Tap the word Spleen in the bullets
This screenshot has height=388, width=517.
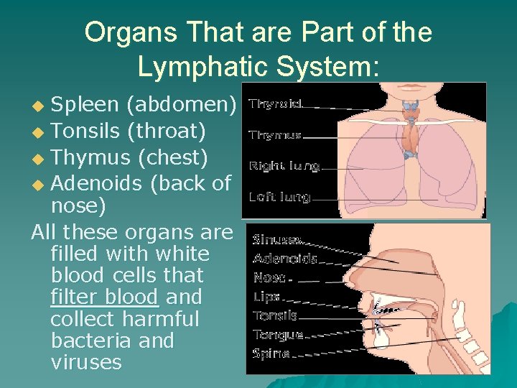[x=85, y=105]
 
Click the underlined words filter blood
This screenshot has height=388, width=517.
[x=105, y=297]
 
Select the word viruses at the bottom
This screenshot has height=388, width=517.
[x=86, y=361]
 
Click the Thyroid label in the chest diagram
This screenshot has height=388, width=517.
[x=275, y=104]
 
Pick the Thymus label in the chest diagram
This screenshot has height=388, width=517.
[x=275, y=134]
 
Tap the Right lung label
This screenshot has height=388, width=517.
[x=284, y=166]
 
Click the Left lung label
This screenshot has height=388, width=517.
[x=279, y=196]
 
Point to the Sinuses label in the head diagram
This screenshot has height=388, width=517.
[x=277, y=240]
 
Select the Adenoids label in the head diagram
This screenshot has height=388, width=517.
[x=285, y=259]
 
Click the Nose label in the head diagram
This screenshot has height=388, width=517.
[x=269, y=277]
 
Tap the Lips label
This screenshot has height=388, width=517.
[x=266, y=296]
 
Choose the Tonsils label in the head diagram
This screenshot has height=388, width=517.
[x=274, y=315]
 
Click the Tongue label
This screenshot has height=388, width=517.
[x=278, y=334]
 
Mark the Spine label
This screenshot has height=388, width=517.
[x=271, y=353]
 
